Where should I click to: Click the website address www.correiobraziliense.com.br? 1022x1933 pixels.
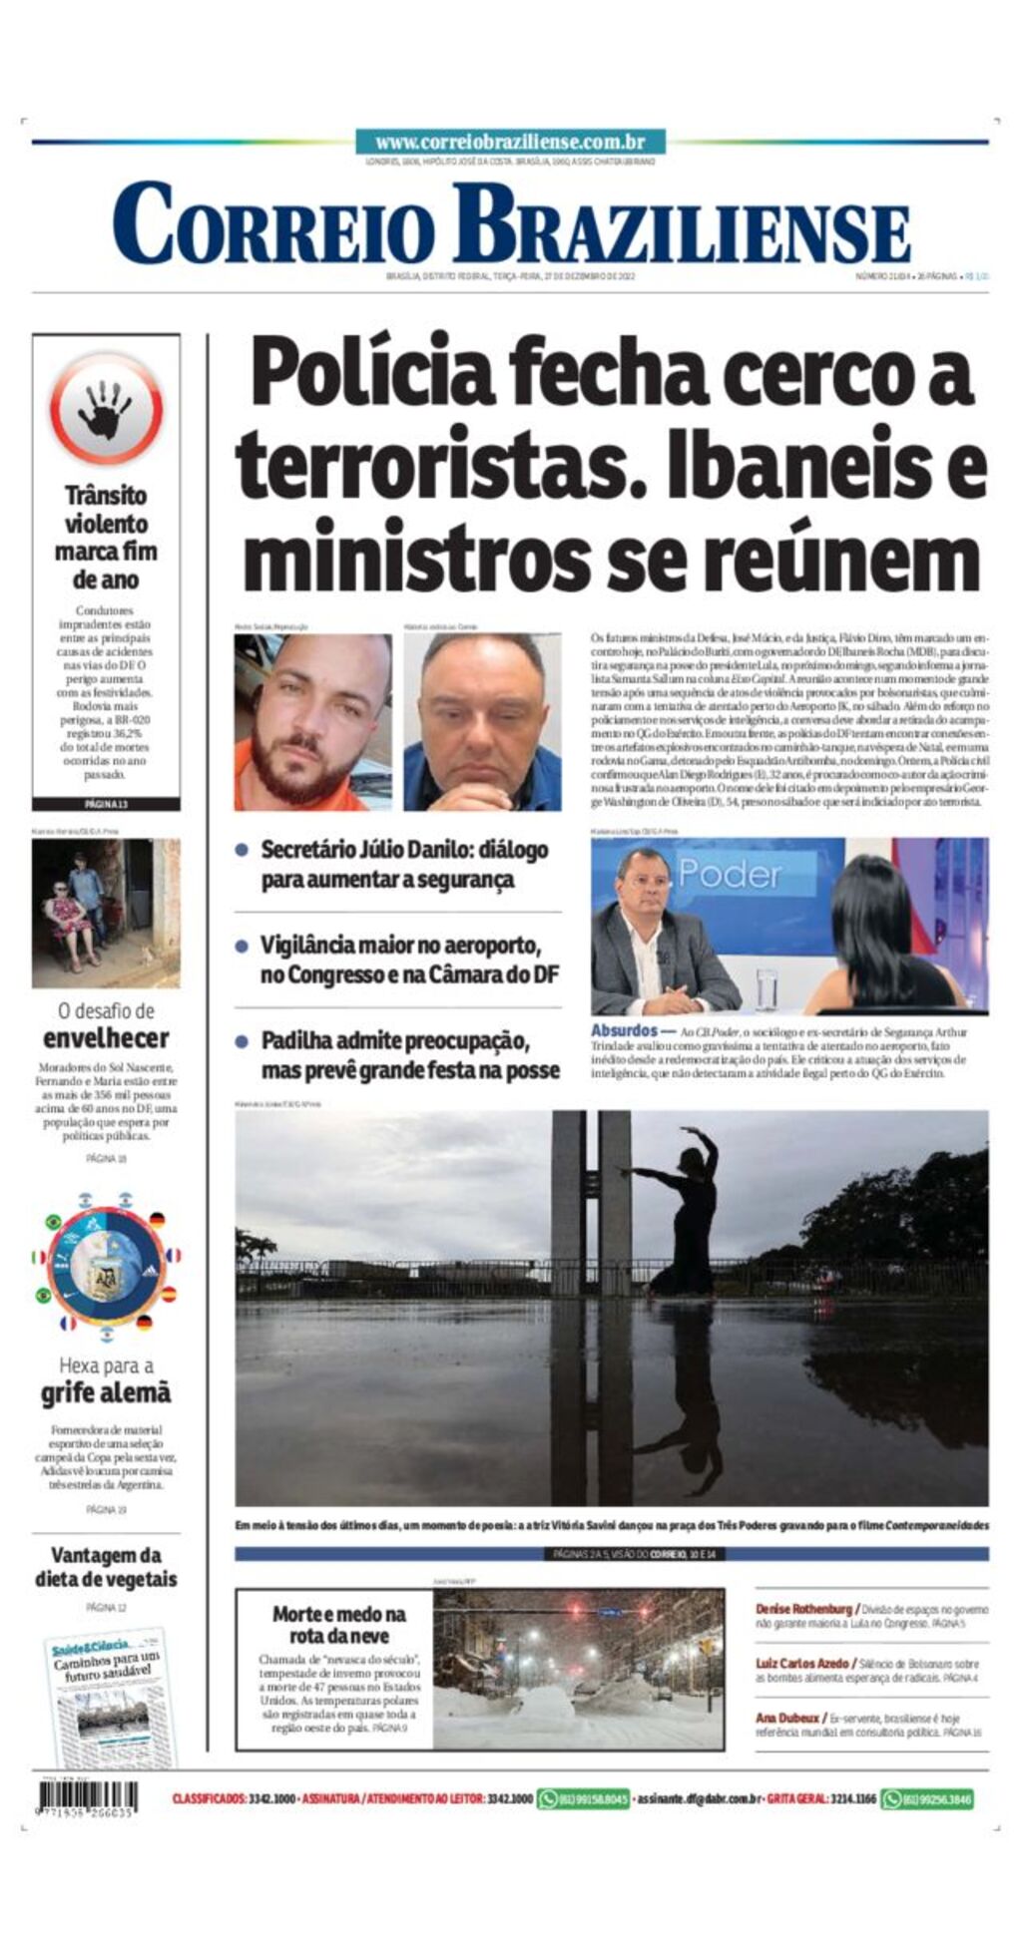coord(510,143)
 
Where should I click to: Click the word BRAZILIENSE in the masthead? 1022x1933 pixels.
coord(681,225)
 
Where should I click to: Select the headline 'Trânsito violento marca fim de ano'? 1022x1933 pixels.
coord(106,537)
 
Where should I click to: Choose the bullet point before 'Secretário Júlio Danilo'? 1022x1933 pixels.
coord(242,850)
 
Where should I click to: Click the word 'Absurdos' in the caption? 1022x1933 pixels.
coord(624,1030)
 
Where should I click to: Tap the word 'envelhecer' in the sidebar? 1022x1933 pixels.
coord(106,1037)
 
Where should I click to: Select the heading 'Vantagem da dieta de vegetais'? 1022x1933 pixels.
coord(106,1566)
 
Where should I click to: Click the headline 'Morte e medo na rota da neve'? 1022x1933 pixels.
coord(338,1625)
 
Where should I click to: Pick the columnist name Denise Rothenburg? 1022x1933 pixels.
coord(803,1609)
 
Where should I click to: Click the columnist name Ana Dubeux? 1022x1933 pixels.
coord(787,1718)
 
